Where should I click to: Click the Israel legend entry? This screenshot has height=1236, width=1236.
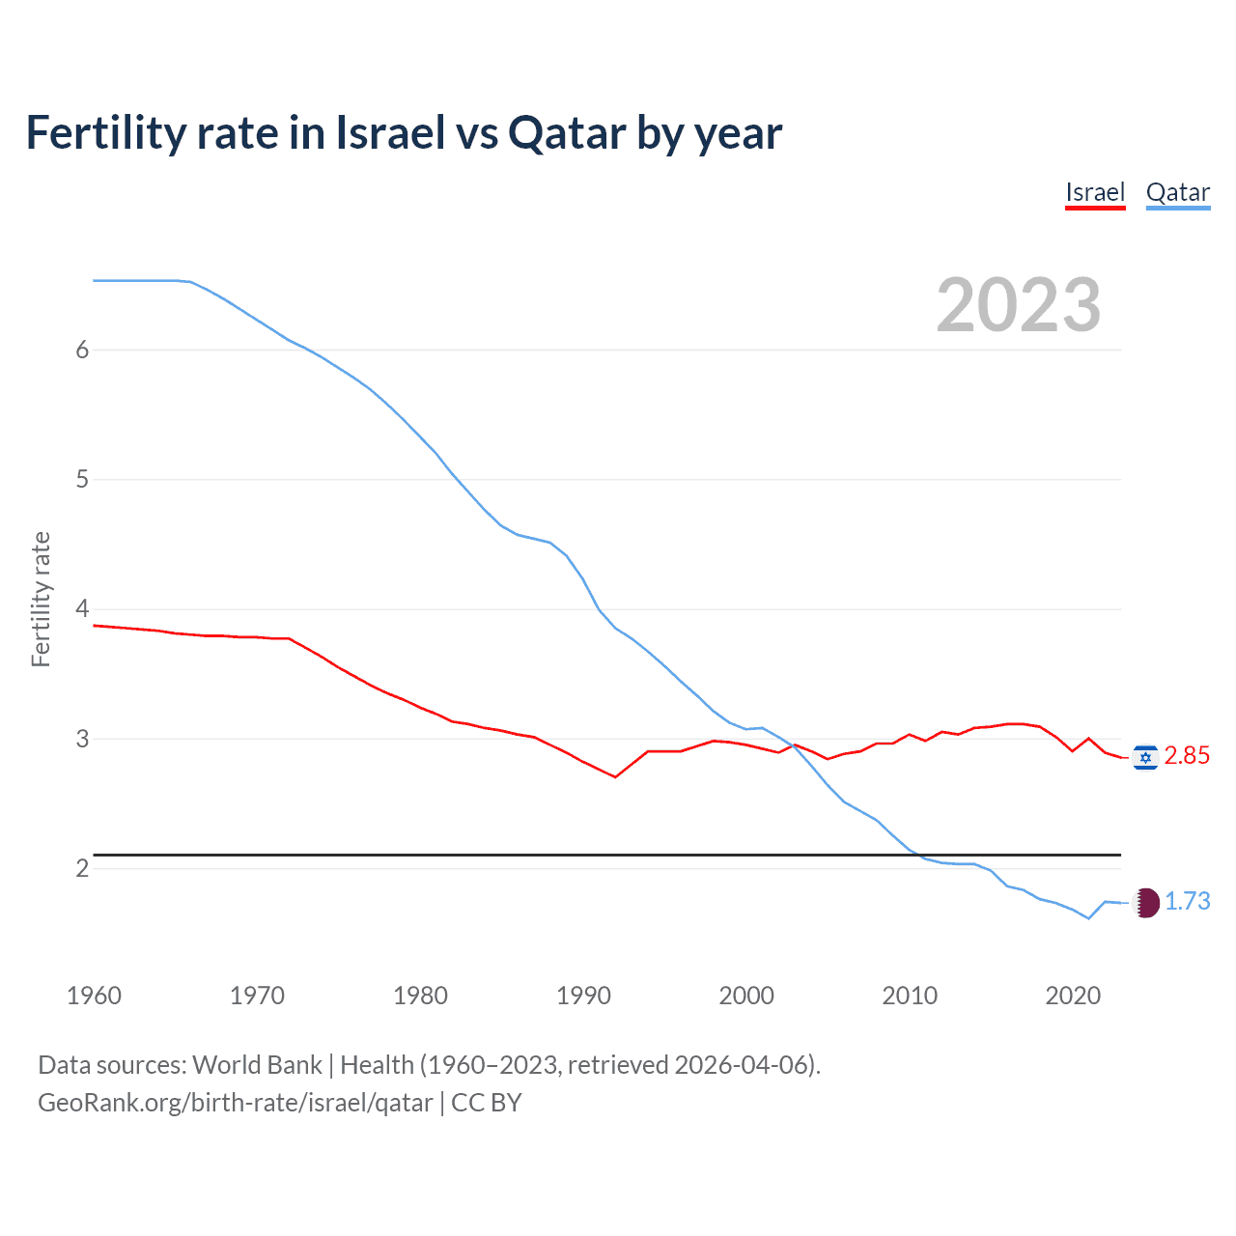click(x=1095, y=192)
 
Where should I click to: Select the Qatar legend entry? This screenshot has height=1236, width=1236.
click(x=1177, y=192)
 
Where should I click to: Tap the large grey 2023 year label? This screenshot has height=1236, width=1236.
click(x=1018, y=305)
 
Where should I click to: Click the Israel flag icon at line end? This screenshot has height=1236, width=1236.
click(x=1145, y=757)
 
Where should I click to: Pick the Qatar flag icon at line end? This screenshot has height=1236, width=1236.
click(x=1145, y=902)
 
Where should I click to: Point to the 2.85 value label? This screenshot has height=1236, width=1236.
click(x=1187, y=755)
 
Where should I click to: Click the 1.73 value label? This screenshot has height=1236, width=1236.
click(x=1187, y=901)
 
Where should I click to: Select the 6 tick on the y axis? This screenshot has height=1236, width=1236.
click(x=82, y=350)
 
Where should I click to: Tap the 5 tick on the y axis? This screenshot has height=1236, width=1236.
click(x=82, y=479)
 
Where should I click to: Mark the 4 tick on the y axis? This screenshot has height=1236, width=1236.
click(x=82, y=608)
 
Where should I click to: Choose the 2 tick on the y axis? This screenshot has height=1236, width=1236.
click(x=82, y=868)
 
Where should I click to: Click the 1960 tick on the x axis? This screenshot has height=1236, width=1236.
click(x=94, y=996)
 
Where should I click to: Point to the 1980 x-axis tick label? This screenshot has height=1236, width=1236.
click(x=420, y=996)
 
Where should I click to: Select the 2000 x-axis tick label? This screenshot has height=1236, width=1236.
click(x=746, y=996)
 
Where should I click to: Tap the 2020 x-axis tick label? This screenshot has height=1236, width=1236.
click(x=1073, y=996)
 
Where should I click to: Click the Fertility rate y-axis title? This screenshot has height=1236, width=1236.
click(x=41, y=599)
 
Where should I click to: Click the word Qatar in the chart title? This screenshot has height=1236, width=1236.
click(x=567, y=133)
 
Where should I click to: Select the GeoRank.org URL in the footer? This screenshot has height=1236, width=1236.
click(x=235, y=1103)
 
